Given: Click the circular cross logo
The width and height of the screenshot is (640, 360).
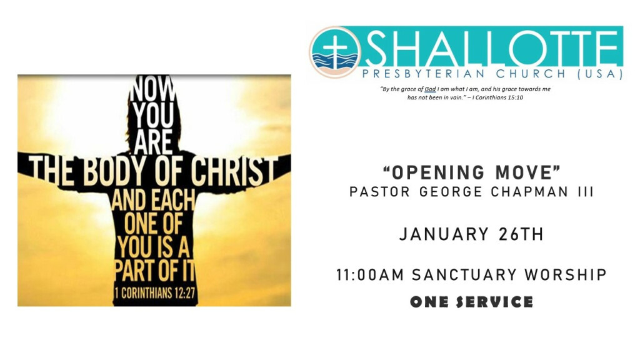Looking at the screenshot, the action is click(x=335, y=52).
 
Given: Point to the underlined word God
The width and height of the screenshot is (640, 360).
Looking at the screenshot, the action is click(x=430, y=89).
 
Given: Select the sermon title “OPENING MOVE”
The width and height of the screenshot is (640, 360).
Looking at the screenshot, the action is click(x=472, y=172).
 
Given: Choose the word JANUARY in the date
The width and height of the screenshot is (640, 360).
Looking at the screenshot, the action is click(x=444, y=235).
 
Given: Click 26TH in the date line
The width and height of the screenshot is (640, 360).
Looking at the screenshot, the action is click(x=521, y=235).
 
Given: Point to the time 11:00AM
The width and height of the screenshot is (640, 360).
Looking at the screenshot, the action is click(x=370, y=275).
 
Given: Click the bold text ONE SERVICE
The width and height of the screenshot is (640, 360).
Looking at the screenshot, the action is click(x=472, y=302).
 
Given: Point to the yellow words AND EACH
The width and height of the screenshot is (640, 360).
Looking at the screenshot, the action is click(x=153, y=199).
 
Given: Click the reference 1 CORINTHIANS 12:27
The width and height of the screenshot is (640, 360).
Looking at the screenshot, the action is click(x=155, y=292).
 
